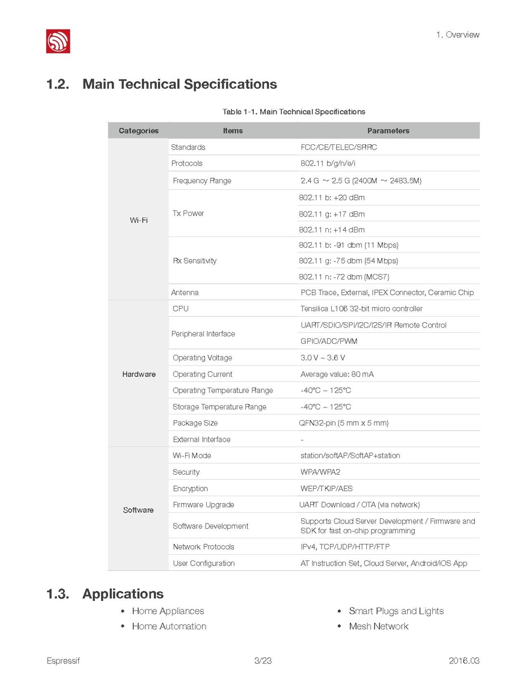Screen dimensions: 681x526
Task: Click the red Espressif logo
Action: (58, 41)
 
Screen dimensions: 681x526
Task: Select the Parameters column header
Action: (388, 131)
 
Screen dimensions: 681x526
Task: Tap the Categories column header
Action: (139, 131)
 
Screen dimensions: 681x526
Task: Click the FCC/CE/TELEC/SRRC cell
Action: (339, 147)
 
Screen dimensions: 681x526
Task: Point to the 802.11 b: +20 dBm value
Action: (332, 198)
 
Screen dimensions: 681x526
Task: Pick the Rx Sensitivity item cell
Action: (194, 261)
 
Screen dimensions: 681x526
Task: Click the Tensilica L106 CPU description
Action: (361, 309)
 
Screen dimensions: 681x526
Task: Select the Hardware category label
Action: (139, 374)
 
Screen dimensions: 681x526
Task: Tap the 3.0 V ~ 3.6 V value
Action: (323, 358)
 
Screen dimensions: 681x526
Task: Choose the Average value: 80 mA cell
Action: (337, 374)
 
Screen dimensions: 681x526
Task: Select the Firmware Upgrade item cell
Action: (203, 505)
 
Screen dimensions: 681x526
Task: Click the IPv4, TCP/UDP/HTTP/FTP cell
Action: (345, 547)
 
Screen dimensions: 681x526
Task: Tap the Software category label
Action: (139, 510)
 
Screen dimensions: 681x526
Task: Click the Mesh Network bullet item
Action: (378, 626)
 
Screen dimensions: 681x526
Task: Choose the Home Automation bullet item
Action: (169, 626)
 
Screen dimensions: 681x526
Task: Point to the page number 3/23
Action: (263, 661)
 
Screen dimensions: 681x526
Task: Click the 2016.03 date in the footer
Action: (464, 661)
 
